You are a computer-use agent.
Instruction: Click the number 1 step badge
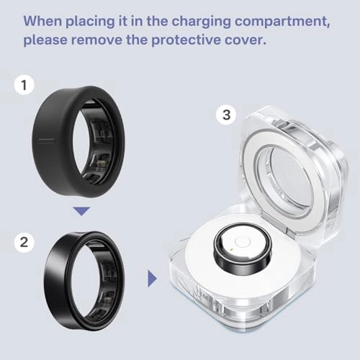(x=24, y=86)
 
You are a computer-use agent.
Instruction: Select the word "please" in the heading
(x=47, y=39)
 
